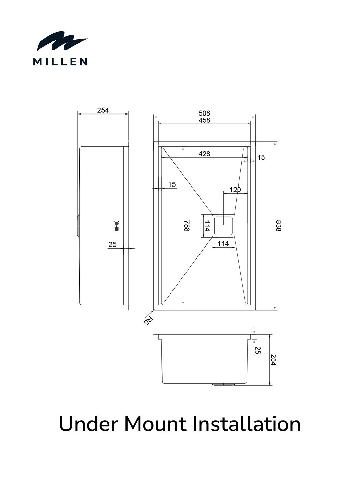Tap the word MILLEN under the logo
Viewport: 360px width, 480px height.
pyautogui.click(x=60, y=62)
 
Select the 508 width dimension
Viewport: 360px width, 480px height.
pyautogui.click(x=204, y=113)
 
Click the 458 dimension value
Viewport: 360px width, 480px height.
pyautogui.click(x=204, y=120)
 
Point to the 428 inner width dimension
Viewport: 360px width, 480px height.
pyautogui.click(x=204, y=154)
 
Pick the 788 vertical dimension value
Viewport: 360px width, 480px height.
pyautogui.click(x=187, y=226)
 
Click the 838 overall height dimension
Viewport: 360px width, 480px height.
pyautogui.click(x=278, y=226)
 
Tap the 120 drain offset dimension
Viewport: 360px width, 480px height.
pyautogui.click(x=235, y=190)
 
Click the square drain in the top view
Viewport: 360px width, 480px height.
pyautogui.click(x=224, y=226)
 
